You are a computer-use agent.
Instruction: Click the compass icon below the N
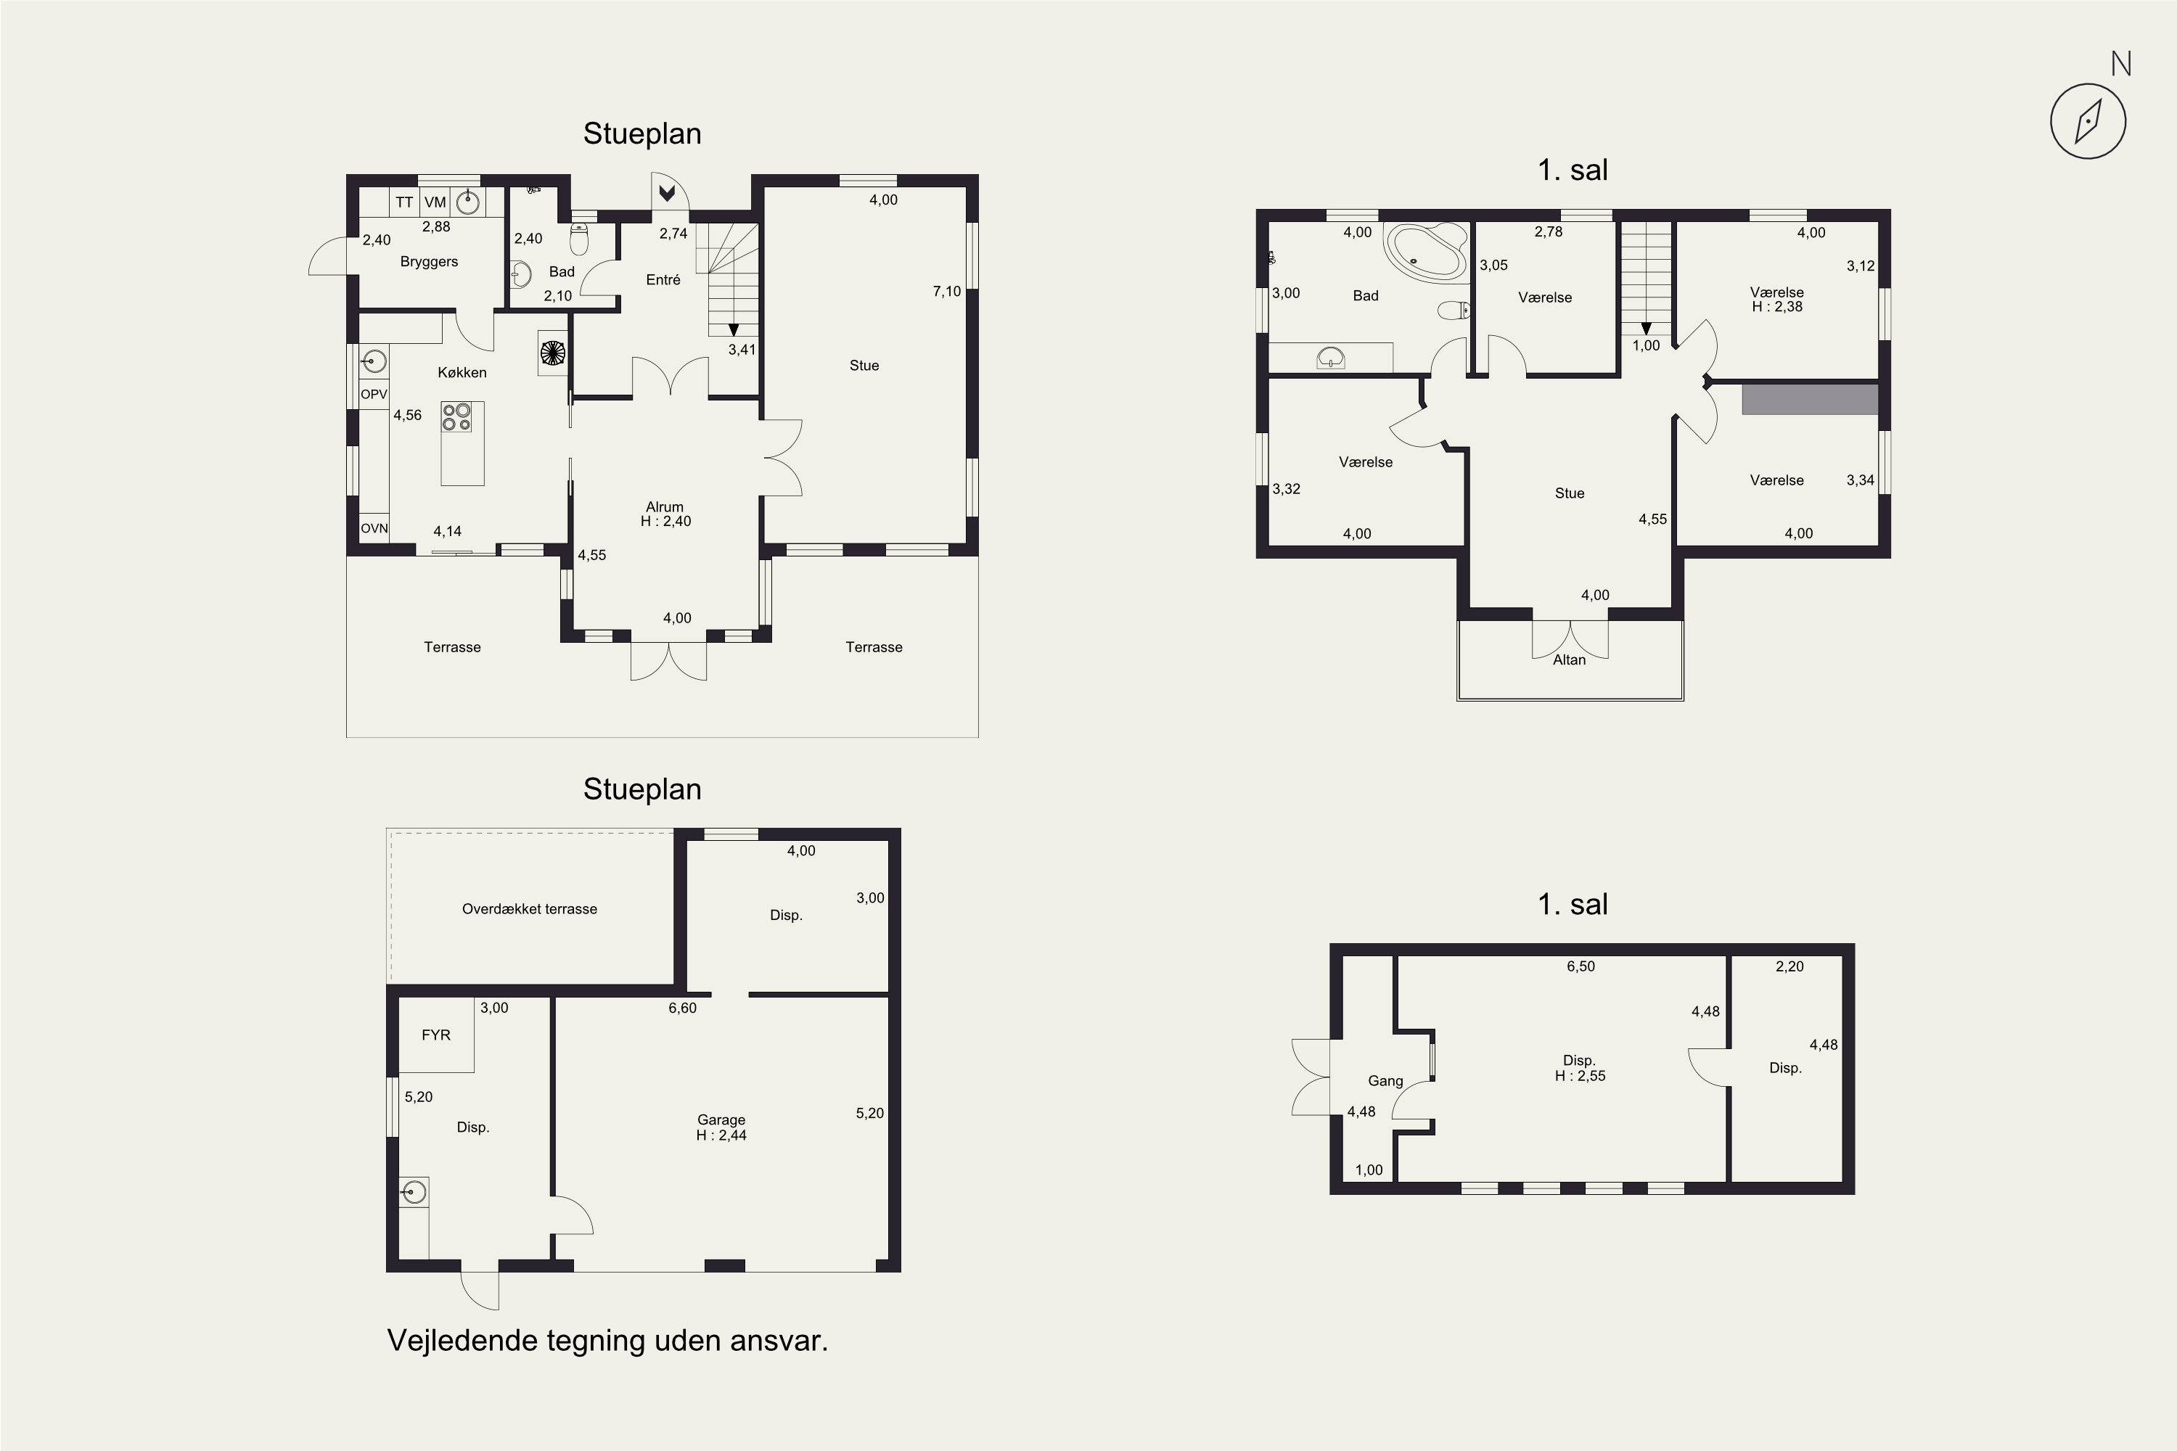click(2088, 121)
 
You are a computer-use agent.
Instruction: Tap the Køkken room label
click(462, 372)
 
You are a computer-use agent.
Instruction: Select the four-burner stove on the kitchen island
click(457, 416)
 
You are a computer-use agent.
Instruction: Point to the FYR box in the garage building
click(436, 1035)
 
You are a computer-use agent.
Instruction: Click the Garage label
click(721, 1119)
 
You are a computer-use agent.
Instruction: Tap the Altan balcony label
click(1569, 659)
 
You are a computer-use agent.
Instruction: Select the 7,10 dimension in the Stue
click(947, 292)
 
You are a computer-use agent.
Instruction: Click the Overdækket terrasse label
click(530, 909)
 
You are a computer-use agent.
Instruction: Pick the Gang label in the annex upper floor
click(1385, 1081)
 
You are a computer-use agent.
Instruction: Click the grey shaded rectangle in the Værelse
click(1810, 400)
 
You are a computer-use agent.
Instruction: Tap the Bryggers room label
click(429, 262)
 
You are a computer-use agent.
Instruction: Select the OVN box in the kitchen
click(374, 528)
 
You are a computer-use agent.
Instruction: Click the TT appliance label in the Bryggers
click(404, 202)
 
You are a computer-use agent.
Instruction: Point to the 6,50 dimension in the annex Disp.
click(1581, 966)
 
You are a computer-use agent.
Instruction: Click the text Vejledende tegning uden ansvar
click(607, 1341)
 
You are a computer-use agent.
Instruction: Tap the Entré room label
click(663, 279)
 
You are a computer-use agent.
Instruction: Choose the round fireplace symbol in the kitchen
click(552, 353)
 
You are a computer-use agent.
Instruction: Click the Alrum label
click(665, 507)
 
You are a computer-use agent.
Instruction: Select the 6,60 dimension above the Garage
click(682, 1008)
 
